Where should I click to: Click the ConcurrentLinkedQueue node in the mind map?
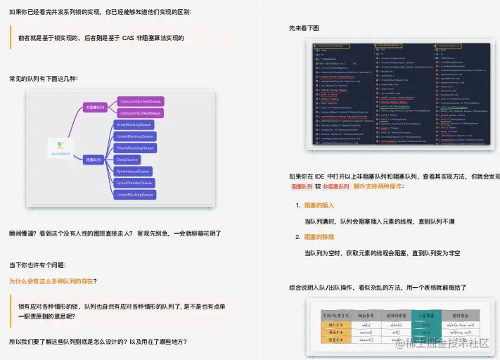[140, 101]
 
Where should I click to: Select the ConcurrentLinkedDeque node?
[140, 112]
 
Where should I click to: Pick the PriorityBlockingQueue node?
[134, 148]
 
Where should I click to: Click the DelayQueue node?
[127, 160]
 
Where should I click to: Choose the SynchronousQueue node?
[133, 171]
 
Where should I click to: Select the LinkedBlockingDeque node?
[134, 194]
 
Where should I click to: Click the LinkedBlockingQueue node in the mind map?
[134, 136]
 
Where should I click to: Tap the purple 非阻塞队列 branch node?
[94, 107]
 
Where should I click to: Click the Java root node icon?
[59, 149]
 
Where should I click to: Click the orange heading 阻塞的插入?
[319, 206]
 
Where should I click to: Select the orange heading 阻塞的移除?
[319, 238]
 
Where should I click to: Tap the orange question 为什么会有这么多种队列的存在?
[53, 281]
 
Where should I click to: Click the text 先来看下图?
[304, 28]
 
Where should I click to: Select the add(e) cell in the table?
[366, 326]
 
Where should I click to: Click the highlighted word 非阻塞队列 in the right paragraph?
[335, 187]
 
